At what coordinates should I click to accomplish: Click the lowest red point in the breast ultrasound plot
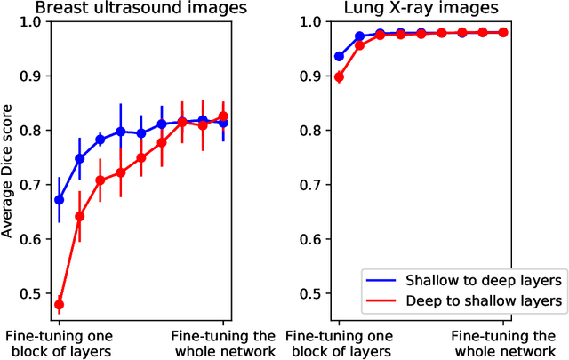tap(60, 304)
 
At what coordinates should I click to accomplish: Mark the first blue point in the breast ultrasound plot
tap(60, 200)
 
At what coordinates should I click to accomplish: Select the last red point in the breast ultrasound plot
tap(223, 116)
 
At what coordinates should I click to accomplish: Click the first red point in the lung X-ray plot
tap(339, 77)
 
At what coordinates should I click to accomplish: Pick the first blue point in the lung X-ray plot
tap(339, 56)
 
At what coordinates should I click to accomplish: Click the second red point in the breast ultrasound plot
tap(79, 216)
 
